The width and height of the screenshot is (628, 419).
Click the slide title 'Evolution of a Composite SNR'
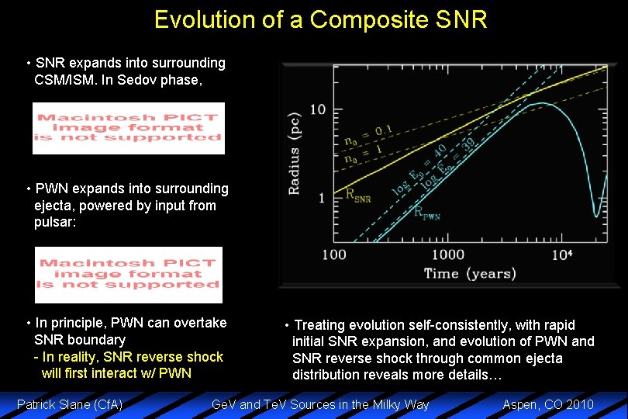coord(320,19)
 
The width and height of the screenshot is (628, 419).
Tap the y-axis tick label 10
coord(318,109)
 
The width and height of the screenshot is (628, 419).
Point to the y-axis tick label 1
coord(321,198)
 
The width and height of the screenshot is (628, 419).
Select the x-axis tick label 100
coord(333,255)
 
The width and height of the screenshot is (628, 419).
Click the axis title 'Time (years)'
coord(470,273)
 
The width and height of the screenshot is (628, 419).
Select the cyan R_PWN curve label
coord(426,213)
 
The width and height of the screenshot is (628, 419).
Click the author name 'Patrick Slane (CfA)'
coord(70,404)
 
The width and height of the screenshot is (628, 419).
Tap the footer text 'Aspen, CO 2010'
coord(548,404)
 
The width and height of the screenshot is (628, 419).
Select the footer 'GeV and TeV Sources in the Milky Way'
coord(320,404)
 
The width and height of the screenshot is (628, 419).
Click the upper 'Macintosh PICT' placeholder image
coord(129,128)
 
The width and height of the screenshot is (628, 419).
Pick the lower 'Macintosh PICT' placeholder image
coord(129,275)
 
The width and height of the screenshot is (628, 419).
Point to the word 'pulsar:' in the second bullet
coord(55,223)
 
